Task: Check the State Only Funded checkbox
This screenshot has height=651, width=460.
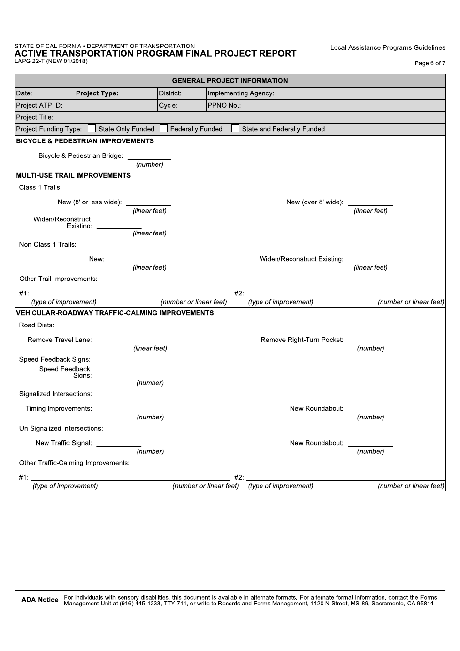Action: tap(92, 129)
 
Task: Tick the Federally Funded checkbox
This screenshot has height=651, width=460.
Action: tap(164, 129)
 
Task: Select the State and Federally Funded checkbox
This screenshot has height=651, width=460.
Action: tap(235, 129)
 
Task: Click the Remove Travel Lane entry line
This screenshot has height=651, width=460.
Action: tap(119, 340)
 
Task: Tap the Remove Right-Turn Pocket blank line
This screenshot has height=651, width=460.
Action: tap(370, 340)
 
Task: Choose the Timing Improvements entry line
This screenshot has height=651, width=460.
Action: tap(119, 409)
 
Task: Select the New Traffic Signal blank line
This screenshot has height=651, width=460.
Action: tap(119, 443)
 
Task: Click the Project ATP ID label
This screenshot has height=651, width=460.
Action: tap(39, 105)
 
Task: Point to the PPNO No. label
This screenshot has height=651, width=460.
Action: tap(224, 105)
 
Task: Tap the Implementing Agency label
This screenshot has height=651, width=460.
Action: tap(241, 93)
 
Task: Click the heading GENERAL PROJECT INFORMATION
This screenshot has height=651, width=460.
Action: tap(230, 81)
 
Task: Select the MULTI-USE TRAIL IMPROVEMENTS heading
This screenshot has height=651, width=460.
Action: tap(74, 175)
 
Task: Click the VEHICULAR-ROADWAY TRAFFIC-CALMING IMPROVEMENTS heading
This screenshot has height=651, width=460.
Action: tap(115, 313)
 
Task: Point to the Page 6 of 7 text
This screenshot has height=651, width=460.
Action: tap(430, 63)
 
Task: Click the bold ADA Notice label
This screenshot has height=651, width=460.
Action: tap(40, 600)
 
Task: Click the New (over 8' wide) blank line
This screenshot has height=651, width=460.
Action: tap(370, 202)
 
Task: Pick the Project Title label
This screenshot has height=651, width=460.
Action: tap(35, 117)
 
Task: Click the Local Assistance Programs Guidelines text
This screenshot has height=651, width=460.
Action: tap(387, 47)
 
